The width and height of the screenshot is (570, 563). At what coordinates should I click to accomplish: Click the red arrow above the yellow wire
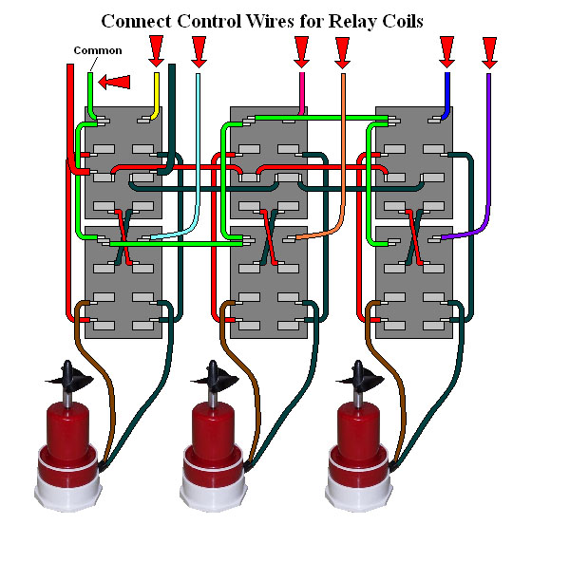point(156,49)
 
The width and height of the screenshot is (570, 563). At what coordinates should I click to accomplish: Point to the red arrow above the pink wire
point(302,49)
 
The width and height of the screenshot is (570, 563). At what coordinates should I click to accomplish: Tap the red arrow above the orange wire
point(343,49)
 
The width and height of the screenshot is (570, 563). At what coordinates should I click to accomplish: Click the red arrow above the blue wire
point(446,49)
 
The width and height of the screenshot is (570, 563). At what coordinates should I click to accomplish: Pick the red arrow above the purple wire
point(489,49)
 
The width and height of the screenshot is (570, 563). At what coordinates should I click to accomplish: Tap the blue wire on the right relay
point(446,95)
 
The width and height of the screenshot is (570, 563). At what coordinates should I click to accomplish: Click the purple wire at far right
point(488,152)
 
